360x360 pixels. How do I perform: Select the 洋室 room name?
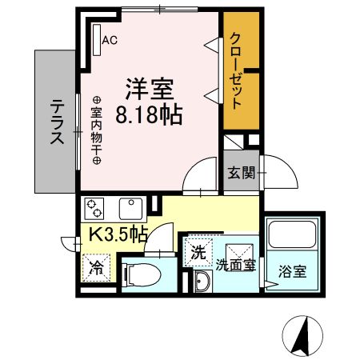click(x=148, y=86)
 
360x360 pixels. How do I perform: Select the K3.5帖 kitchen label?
click(x=116, y=235)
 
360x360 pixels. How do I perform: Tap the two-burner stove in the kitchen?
click(x=96, y=209)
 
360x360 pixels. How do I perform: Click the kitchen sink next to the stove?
click(x=130, y=209)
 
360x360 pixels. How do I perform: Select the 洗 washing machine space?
click(x=197, y=253)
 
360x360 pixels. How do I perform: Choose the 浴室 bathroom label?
click(x=291, y=270)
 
